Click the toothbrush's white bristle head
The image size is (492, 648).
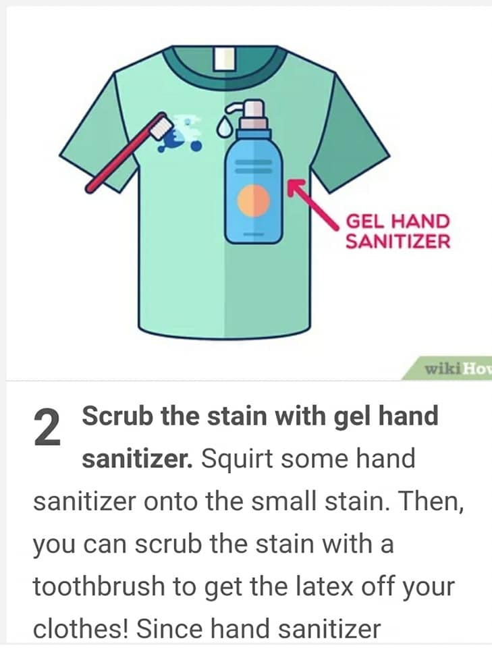[x=161, y=126]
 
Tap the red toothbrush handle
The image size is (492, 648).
[x=120, y=158]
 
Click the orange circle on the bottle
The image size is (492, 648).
[x=253, y=200]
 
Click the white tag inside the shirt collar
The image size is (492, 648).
[x=224, y=58]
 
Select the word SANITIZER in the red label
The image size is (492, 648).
[x=398, y=241]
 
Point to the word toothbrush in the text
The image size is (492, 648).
[x=99, y=586]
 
